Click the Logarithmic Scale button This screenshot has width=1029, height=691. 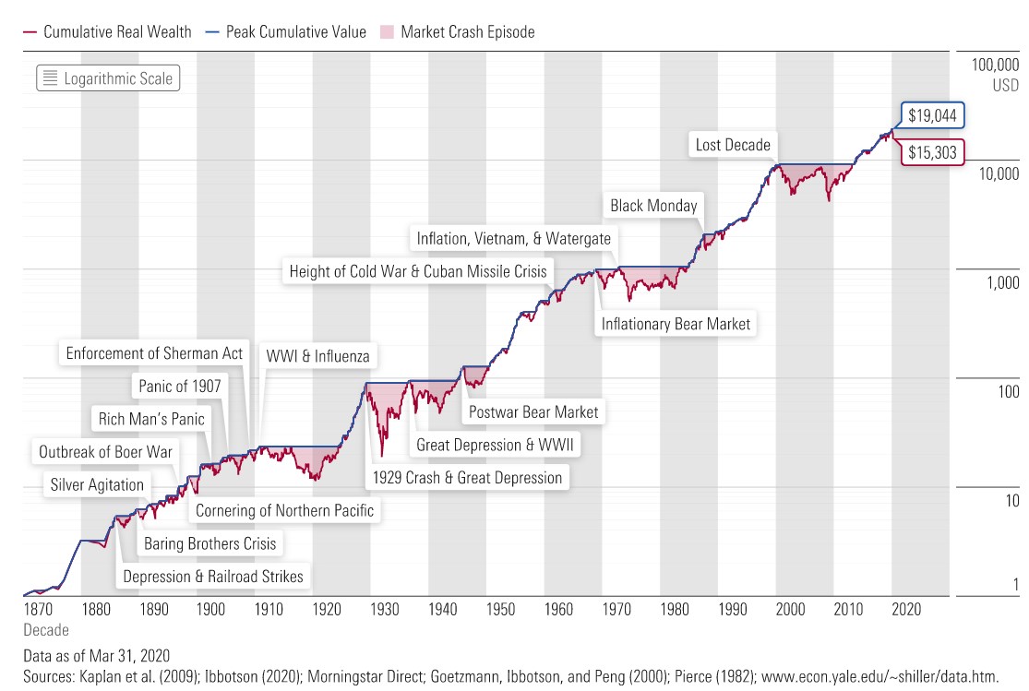(106, 78)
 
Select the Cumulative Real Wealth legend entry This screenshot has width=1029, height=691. (107, 31)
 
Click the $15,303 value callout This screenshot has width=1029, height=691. (932, 152)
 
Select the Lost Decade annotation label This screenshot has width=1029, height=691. (733, 145)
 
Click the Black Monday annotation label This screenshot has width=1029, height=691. (653, 206)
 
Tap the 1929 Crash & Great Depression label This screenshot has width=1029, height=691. (467, 477)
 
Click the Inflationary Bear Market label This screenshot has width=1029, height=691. (676, 324)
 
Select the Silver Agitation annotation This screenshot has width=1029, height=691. (97, 484)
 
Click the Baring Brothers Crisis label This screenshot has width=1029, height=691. (209, 543)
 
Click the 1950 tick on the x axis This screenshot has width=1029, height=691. (500, 609)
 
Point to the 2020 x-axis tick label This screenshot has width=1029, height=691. (905, 609)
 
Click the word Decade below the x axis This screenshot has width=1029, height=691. (45, 630)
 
